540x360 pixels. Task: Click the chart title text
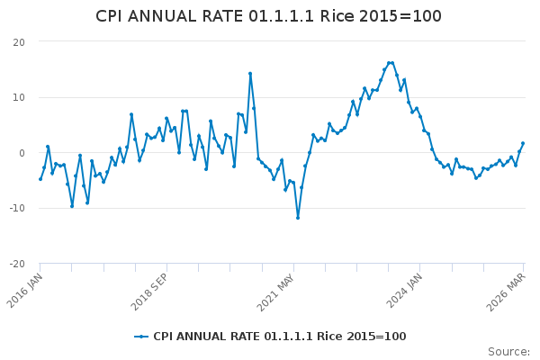268,16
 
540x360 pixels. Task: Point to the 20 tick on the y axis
18,42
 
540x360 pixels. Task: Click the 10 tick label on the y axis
18,97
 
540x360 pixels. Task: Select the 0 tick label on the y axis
21,153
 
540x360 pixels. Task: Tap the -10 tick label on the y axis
15,208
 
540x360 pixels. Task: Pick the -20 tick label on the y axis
15,264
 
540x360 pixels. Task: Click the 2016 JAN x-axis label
28,290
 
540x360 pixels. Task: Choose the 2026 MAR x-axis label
510,290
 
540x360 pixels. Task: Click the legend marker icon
141,337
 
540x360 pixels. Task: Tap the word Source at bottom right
508,352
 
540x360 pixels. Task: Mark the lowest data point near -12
298,218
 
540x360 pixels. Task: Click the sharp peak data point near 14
250,74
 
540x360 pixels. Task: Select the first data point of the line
40,179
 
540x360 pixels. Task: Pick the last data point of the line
523,143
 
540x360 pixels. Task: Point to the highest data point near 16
391,63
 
